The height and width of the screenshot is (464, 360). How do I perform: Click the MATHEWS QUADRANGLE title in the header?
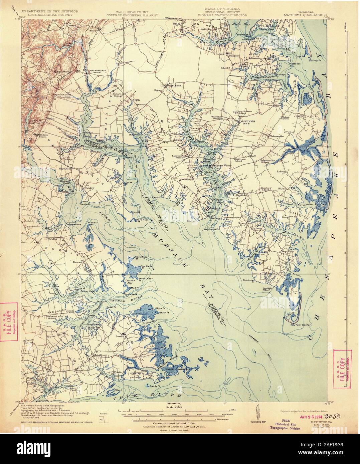tap(303, 15)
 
